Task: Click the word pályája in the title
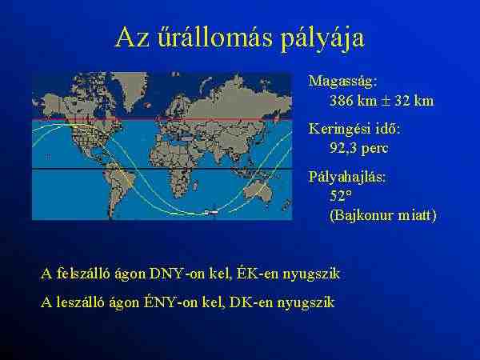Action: (x=322, y=38)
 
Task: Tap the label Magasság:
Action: (x=342, y=82)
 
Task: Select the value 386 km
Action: (x=353, y=101)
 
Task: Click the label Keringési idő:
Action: (x=354, y=130)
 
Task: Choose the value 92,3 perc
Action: (x=358, y=148)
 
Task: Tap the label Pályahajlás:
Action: (x=347, y=178)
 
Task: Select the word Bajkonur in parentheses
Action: (x=363, y=215)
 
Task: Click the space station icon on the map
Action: (x=211, y=212)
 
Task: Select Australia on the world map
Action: (x=258, y=192)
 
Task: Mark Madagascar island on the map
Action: (x=195, y=185)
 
